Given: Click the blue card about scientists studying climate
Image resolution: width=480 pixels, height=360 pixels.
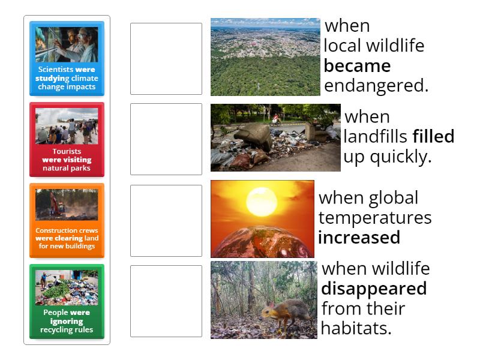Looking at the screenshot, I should [67, 59].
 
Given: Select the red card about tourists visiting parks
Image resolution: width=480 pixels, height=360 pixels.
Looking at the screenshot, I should [67, 139].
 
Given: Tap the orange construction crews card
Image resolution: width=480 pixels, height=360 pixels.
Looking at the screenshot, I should [67, 220].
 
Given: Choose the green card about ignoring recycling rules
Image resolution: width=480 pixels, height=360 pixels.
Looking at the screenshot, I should [67, 301].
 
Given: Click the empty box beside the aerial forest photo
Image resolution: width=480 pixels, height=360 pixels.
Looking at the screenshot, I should [166, 59].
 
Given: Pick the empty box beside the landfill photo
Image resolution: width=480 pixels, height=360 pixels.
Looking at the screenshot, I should [166, 139].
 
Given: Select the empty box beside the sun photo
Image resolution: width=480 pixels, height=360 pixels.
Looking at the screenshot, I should [166, 220].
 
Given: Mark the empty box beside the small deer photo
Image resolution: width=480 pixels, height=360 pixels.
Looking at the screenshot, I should [166, 301].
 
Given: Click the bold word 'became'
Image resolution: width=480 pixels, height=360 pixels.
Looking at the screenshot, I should [357, 65].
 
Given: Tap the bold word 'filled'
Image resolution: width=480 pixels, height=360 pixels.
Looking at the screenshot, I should [433, 137].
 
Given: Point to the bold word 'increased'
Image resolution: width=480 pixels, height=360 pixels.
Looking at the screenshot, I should [359, 238].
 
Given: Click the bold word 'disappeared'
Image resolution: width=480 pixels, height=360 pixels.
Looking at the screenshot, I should [374, 289].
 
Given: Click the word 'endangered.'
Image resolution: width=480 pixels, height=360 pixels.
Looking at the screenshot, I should [376, 86].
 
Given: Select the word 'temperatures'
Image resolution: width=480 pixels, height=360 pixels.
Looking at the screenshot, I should [374, 217].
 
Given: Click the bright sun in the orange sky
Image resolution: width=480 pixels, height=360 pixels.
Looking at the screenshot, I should [262, 199].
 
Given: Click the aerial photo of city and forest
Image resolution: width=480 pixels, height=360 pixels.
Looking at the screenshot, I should [265, 57].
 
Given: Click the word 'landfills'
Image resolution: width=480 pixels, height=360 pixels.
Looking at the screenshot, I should [376, 137].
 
